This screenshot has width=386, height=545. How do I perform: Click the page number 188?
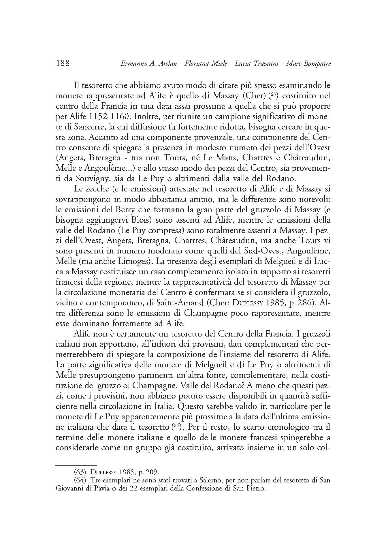pos(62,63)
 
